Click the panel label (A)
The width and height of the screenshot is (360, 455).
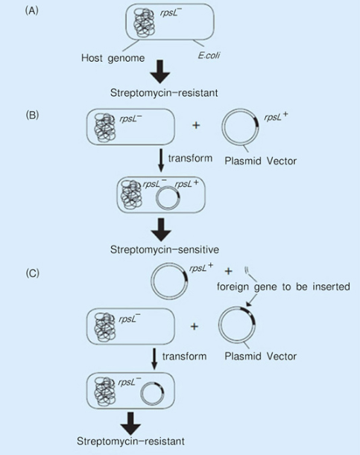tap(32, 11)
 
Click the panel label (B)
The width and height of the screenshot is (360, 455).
tap(32, 115)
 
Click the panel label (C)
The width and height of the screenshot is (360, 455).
tap(32, 273)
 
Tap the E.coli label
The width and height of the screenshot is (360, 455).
tap(209, 55)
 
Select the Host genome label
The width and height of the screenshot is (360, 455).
tap(113, 58)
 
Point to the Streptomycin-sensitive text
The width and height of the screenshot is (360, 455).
tap(164, 249)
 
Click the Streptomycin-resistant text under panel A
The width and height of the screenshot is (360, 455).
tap(164, 93)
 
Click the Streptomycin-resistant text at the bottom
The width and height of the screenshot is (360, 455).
tap(130, 441)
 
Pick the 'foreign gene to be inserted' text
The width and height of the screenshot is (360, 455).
tap(283, 287)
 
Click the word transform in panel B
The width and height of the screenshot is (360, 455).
tap(190, 158)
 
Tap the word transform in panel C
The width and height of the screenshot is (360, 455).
tap(184, 356)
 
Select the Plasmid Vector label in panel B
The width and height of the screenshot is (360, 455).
tap(261, 161)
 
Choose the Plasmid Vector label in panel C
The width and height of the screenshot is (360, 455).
tap(261, 356)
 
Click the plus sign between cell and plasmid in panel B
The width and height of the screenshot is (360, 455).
tap(196, 125)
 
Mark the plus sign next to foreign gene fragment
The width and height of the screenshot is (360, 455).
tap(229, 271)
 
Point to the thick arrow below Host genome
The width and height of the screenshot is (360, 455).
tap(160, 72)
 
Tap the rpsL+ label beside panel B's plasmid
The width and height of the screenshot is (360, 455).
tap(276, 117)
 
